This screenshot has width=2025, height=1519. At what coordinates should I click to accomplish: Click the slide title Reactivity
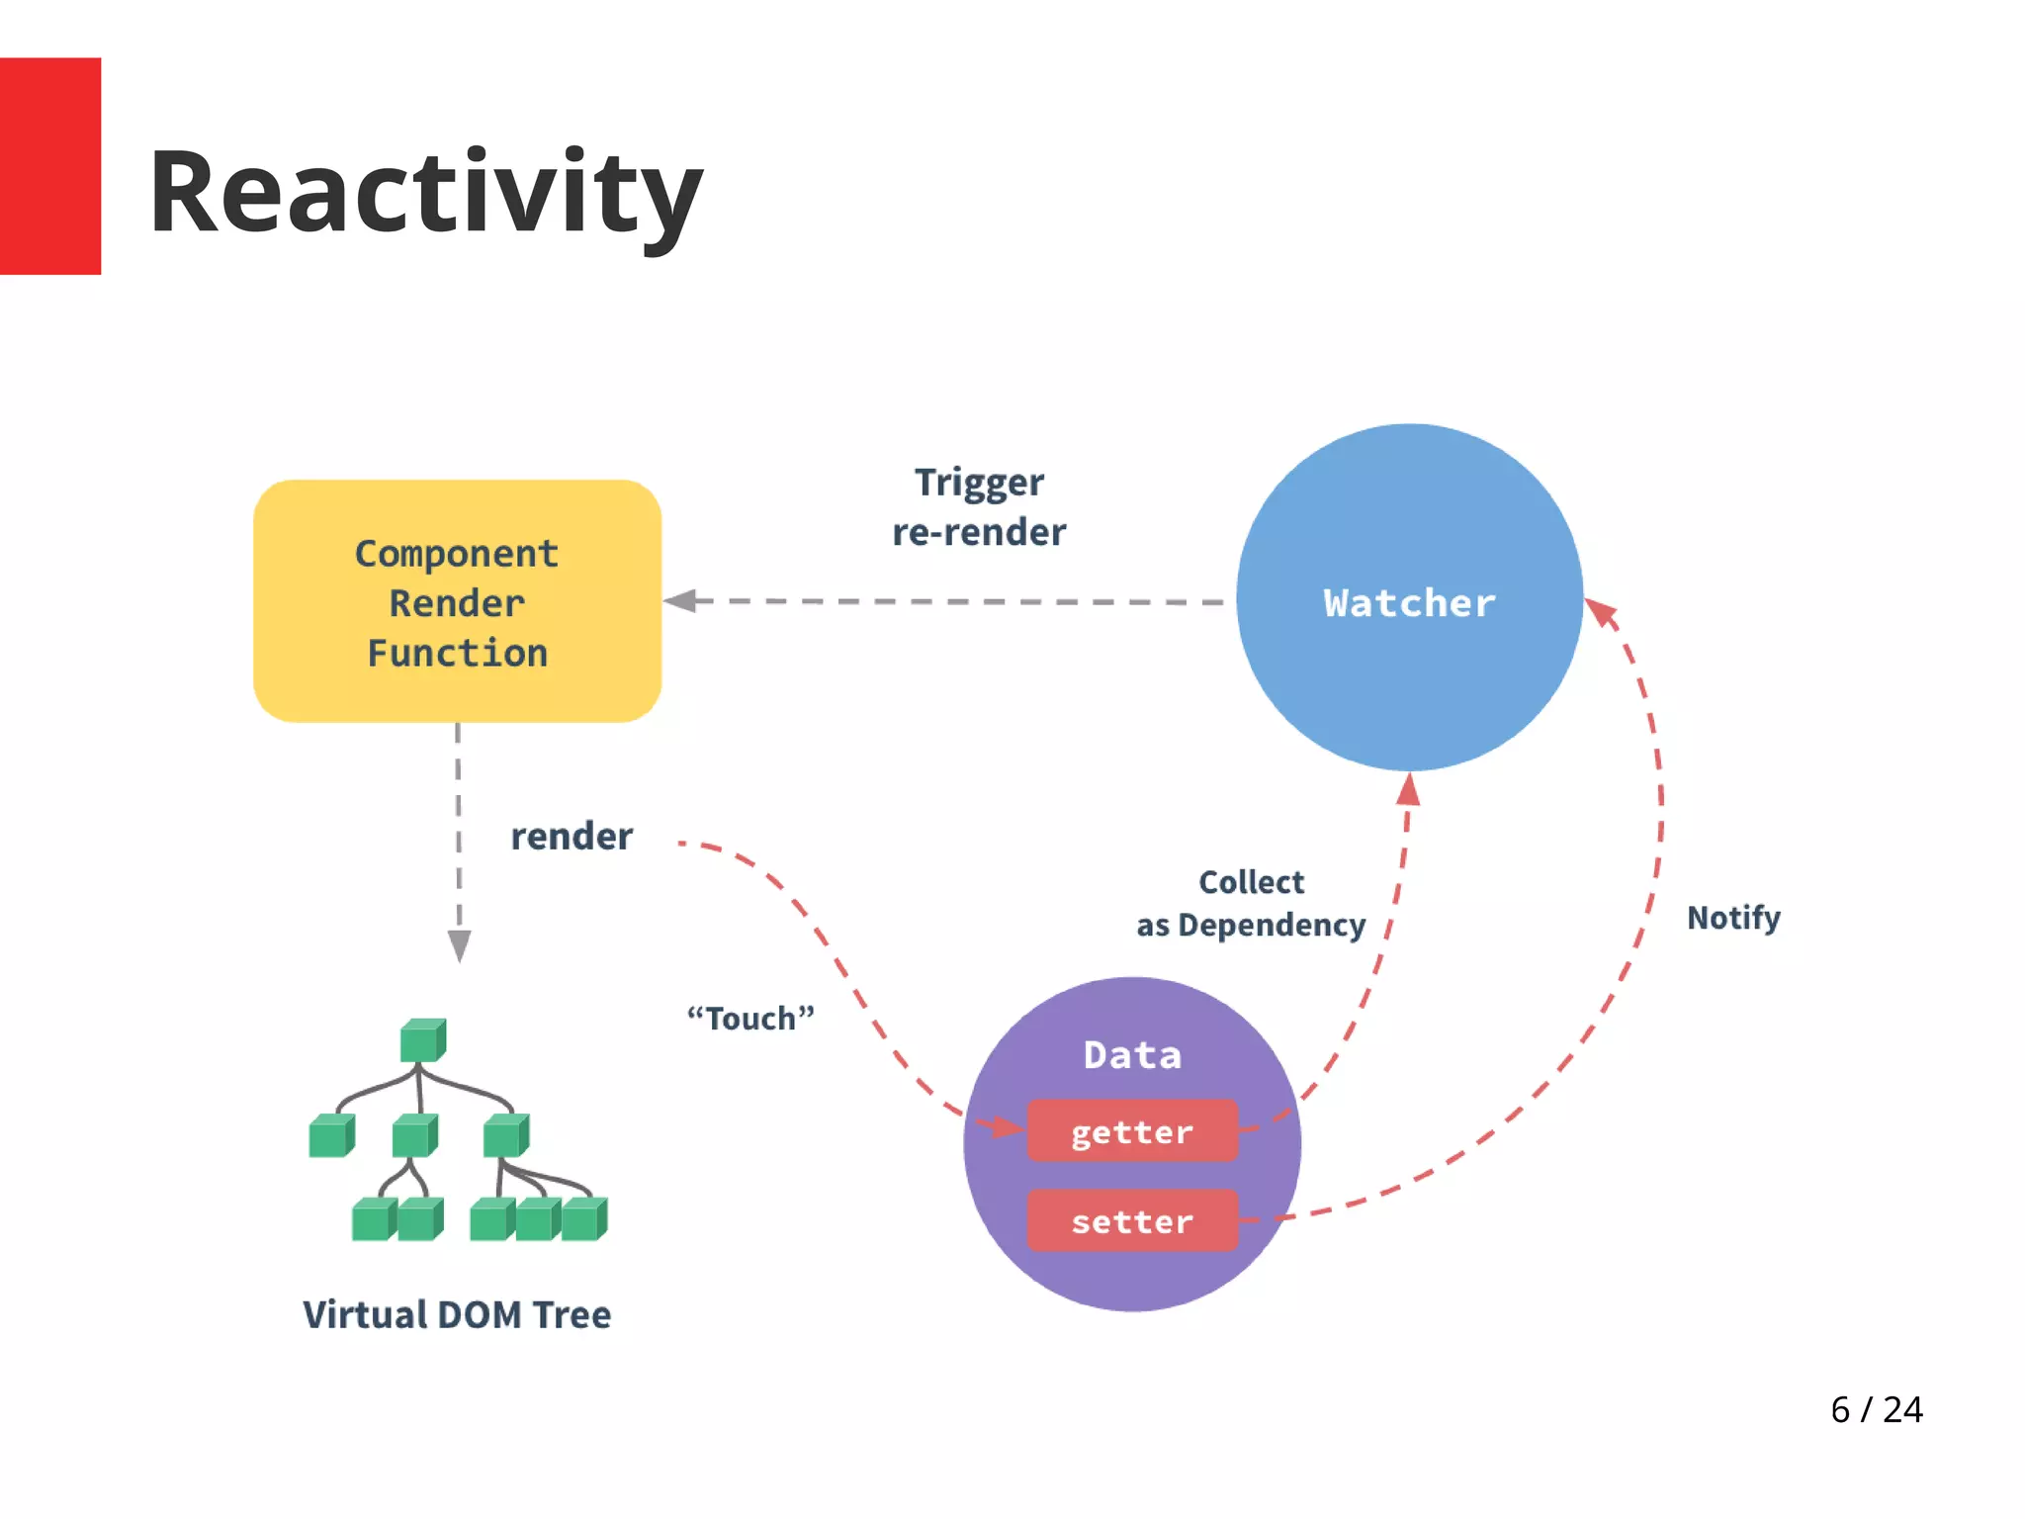[425, 193]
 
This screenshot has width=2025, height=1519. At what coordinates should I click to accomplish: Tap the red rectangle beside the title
[49, 165]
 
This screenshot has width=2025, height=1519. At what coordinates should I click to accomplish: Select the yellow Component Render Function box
[457, 601]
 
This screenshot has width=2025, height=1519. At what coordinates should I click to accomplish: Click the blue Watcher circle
[1409, 597]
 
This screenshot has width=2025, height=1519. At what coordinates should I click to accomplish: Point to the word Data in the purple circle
[1132, 1055]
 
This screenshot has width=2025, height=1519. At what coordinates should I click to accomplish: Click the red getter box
[1132, 1131]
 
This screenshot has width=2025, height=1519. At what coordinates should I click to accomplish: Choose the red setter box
[1132, 1221]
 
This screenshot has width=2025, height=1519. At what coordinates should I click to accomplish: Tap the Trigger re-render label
[979, 507]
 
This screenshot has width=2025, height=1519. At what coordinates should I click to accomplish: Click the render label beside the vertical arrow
[572, 837]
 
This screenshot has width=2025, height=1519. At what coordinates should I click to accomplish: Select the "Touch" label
[750, 1018]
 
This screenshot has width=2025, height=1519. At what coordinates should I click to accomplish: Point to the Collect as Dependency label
[1251, 904]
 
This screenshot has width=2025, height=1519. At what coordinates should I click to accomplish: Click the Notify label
[1733, 918]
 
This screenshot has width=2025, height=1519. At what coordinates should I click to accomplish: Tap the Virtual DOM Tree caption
[457, 1315]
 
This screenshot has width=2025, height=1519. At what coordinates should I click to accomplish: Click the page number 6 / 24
[1876, 1409]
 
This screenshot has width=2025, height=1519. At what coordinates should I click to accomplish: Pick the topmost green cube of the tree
[423, 1040]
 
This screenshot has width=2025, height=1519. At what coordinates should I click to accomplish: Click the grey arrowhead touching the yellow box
[681, 600]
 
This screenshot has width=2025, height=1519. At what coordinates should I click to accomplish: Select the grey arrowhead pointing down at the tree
[459, 944]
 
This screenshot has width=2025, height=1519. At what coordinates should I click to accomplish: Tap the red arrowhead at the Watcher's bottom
[1409, 790]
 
